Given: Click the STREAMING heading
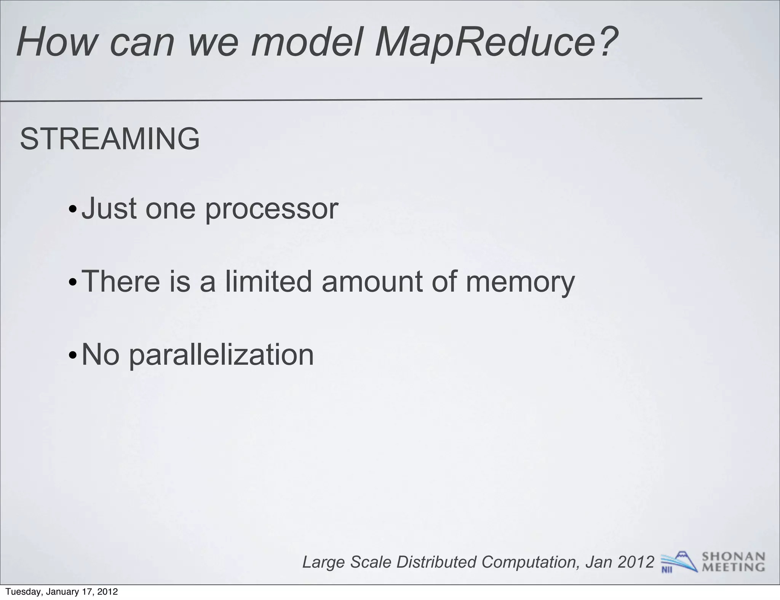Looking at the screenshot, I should click(110, 139).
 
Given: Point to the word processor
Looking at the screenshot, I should click(272, 209).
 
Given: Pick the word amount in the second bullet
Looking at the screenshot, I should click(372, 282).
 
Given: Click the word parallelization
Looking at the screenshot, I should click(221, 355).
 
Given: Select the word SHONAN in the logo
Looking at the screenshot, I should click(733, 557).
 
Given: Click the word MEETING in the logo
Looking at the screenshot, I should click(733, 567).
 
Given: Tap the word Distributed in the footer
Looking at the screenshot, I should click(436, 562).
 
